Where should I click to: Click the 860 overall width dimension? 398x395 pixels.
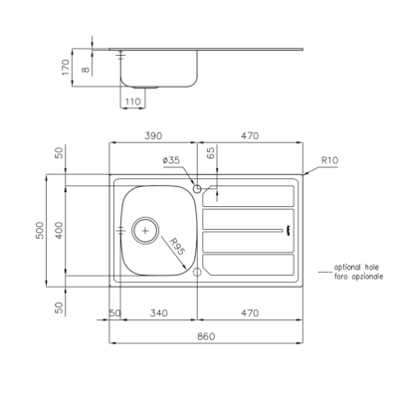click(206, 336)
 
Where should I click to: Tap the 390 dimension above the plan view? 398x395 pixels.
click(153, 135)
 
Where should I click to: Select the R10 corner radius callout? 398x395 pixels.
click(330, 160)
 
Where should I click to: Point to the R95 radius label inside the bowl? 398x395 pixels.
click(177, 247)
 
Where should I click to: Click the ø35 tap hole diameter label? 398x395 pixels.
click(171, 160)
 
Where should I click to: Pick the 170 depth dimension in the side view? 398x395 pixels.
click(66, 68)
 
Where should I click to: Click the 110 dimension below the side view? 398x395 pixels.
click(132, 101)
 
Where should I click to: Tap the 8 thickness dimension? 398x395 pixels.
click(86, 70)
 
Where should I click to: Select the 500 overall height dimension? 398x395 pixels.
click(40, 230)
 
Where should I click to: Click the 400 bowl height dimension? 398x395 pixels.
click(59, 230)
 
